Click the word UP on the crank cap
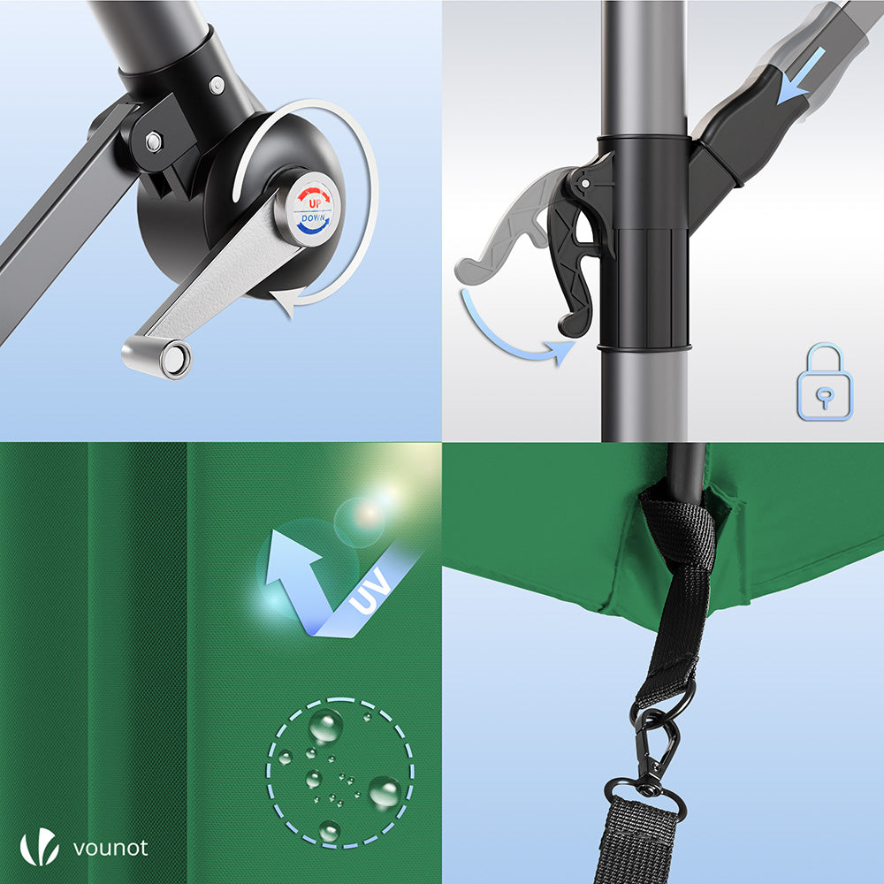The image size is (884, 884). (315, 203)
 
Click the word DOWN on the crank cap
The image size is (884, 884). (314, 217)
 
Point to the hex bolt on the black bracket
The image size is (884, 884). (153, 141)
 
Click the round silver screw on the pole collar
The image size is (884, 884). (217, 86)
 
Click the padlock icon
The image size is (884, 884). (824, 382)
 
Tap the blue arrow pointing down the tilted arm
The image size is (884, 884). (801, 76)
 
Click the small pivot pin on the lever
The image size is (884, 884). (585, 184)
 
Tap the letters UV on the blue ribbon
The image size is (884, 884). (370, 591)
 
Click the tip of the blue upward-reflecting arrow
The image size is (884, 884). (275, 532)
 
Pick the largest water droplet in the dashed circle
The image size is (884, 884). (385, 792)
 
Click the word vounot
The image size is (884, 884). (110, 848)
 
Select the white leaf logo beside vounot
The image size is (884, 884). (40, 846)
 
